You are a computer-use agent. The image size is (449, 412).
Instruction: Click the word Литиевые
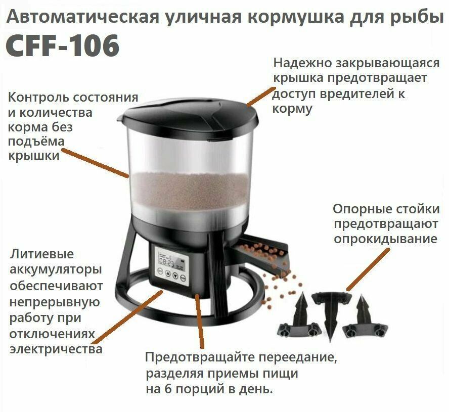[x=41, y=253]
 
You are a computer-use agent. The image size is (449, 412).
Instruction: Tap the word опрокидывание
[x=386, y=238]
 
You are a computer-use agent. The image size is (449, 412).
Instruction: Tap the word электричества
[x=56, y=349]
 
